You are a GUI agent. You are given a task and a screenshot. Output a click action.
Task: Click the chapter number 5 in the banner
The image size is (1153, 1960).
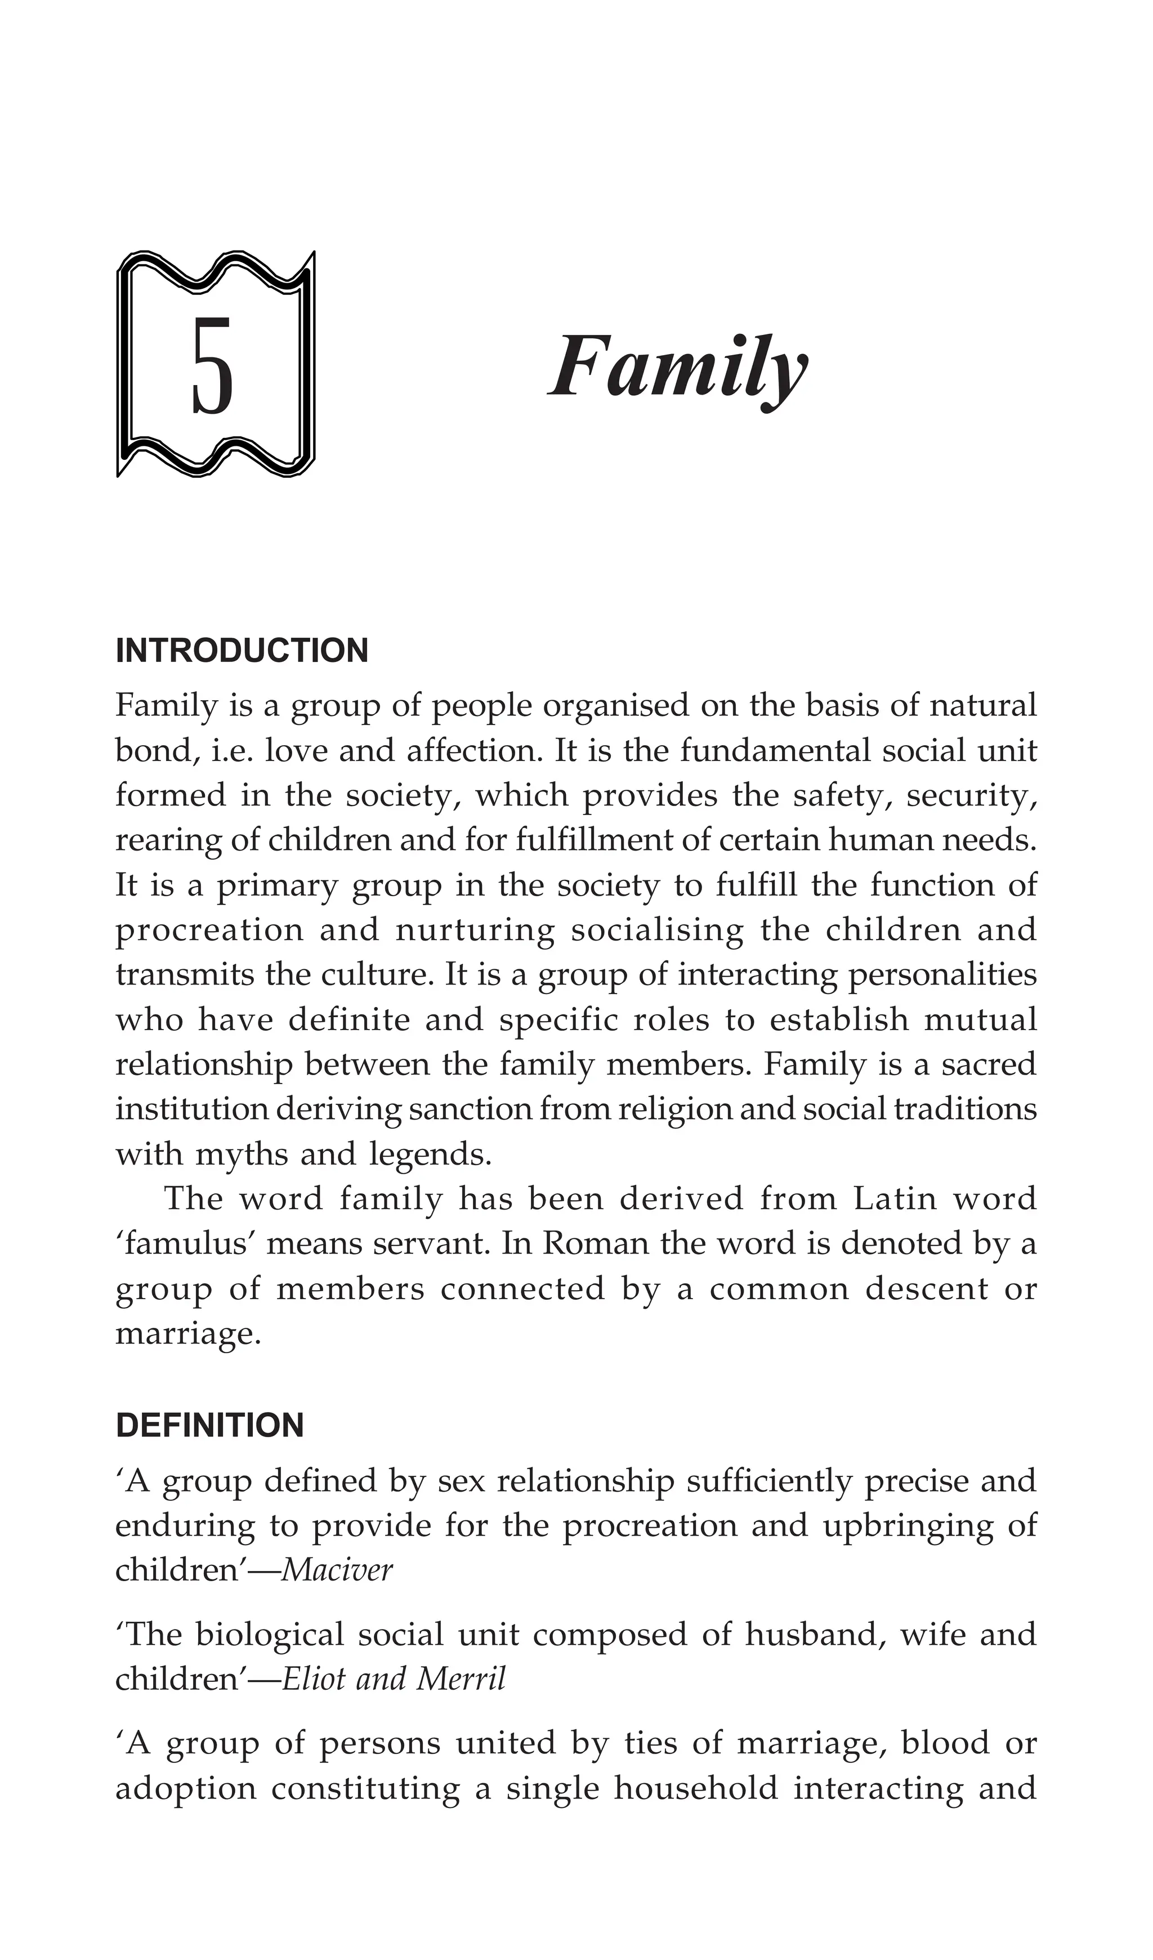[x=212, y=365]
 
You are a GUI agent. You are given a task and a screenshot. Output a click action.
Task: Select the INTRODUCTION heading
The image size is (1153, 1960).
[x=242, y=651]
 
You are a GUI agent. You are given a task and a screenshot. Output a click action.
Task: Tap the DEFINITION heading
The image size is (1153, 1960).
[x=209, y=1426]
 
